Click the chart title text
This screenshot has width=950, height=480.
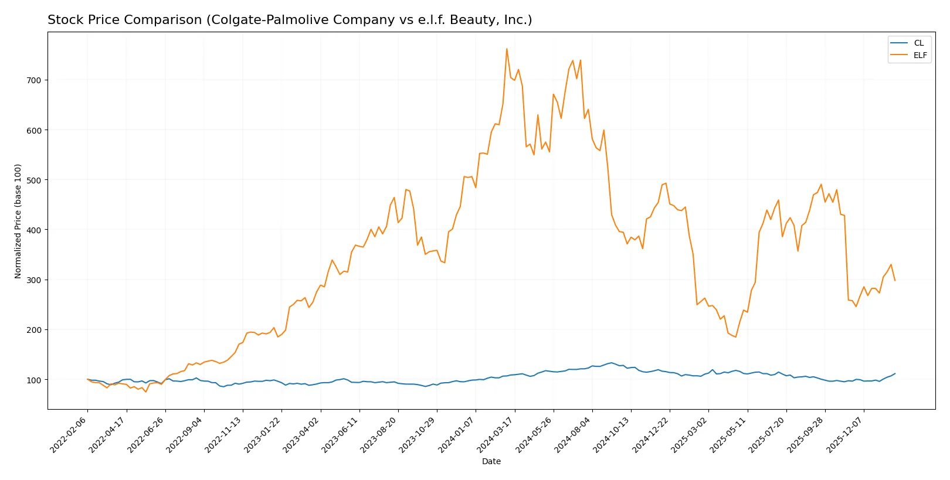point(290,20)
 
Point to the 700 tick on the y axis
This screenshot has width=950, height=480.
point(34,80)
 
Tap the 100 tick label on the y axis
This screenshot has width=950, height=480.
point(34,380)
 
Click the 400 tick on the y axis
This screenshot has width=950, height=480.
point(34,230)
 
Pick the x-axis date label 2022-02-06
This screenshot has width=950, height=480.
point(70,434)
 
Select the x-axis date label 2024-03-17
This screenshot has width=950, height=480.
point(497,434)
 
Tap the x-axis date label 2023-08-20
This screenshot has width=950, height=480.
point(380,434)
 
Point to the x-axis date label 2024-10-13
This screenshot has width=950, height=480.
point(613,434)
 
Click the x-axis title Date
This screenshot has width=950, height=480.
point(491,461)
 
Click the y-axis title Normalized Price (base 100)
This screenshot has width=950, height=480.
point(18,221)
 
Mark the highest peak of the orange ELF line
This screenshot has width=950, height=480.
point(507,49)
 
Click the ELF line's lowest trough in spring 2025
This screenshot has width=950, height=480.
point(735,337)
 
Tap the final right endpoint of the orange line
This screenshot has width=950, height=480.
point(895,281)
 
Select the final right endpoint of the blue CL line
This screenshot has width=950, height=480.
point(895,373)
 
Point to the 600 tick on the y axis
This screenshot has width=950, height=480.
point(34,130)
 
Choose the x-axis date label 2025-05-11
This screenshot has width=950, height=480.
point(730,434)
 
